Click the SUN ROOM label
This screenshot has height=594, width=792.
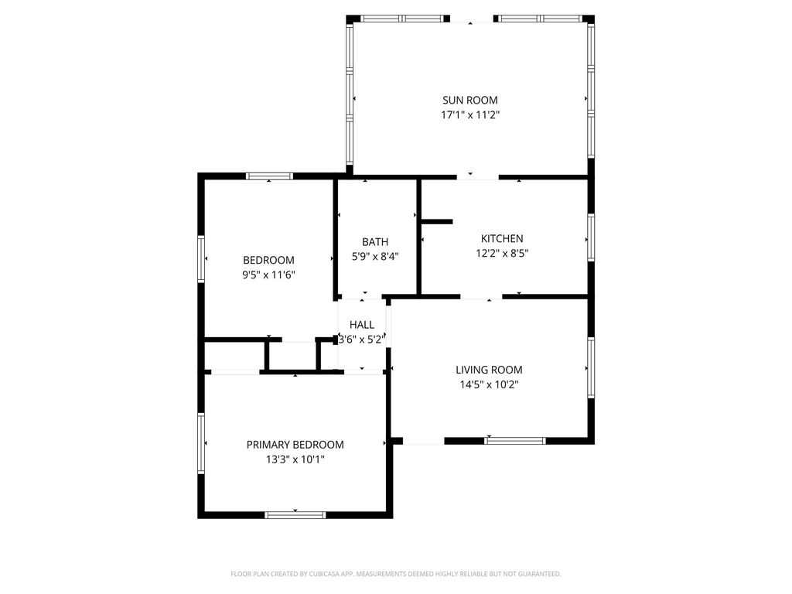point(469,100)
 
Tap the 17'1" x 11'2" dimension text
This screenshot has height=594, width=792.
point(469,114)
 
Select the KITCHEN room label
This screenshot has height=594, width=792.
point(501,238)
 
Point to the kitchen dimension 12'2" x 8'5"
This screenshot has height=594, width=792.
point(501,253)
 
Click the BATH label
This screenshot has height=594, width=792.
point(375,242)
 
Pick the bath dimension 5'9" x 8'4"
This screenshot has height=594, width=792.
point(375,257)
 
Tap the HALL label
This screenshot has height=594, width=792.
point(362,325)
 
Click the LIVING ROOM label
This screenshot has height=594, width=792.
point(489,370)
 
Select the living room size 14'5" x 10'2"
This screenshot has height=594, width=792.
point(489,384)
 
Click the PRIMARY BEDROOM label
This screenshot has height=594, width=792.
point(295,445)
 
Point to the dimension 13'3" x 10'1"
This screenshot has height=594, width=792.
point(295,459)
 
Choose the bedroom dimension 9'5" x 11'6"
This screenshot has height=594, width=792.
point(268,275)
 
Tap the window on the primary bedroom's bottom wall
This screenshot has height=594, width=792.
point(295,515)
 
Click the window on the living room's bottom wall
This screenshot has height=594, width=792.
point(514,441)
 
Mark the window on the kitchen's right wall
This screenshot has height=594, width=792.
point(591,237)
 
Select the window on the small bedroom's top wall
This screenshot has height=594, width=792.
point(269,176)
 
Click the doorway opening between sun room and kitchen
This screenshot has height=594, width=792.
point(477,177)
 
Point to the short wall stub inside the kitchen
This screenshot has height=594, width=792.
point(437,221)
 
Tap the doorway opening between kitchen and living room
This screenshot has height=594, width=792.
point(481,296)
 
